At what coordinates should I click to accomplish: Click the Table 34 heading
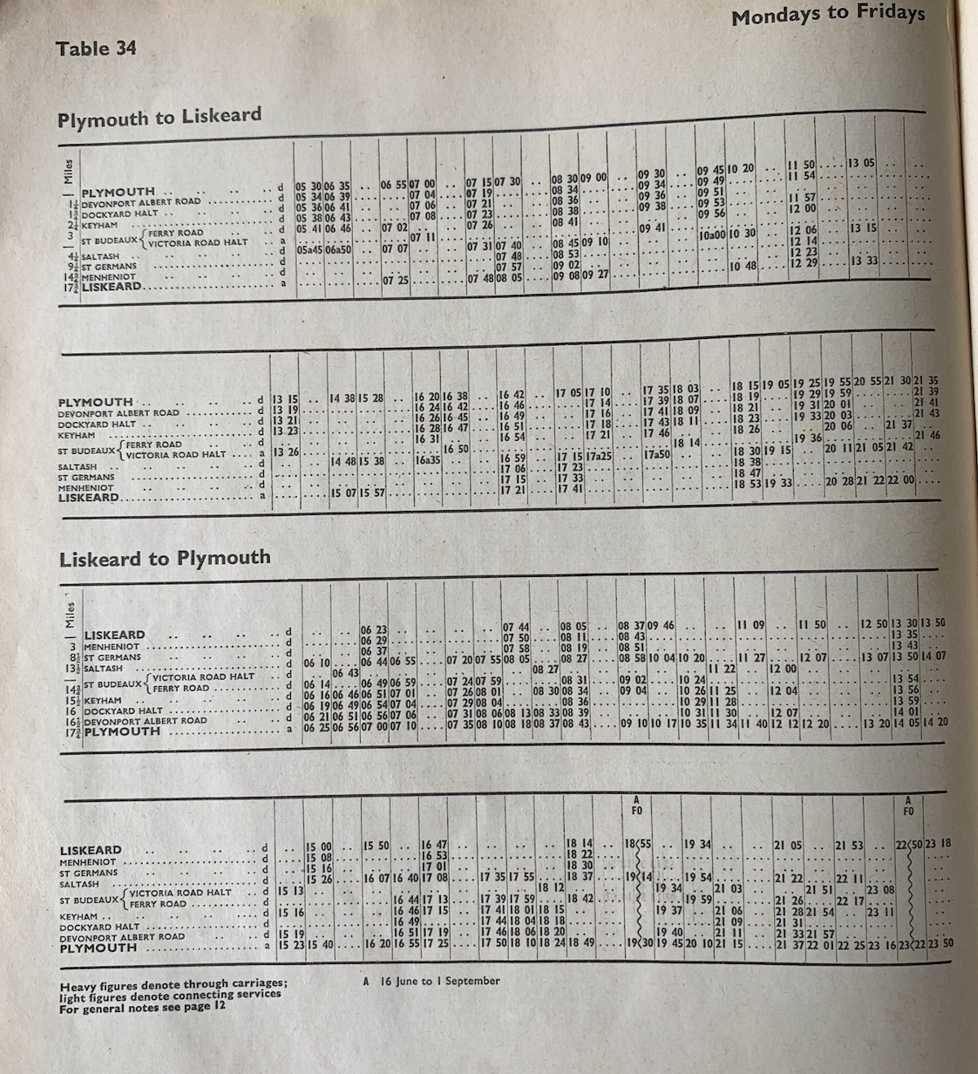[96, 48]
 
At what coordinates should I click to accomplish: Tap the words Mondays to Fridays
[827, 14]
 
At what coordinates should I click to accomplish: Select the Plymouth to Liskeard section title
[160, 117]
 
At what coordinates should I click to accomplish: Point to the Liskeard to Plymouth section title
[165, 559]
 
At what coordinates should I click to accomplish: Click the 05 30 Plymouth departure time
[309, 186]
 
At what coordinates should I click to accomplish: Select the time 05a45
[310, 250]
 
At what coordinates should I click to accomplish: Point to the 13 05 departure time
[861, 163]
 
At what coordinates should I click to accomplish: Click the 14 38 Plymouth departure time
[342, 398]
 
